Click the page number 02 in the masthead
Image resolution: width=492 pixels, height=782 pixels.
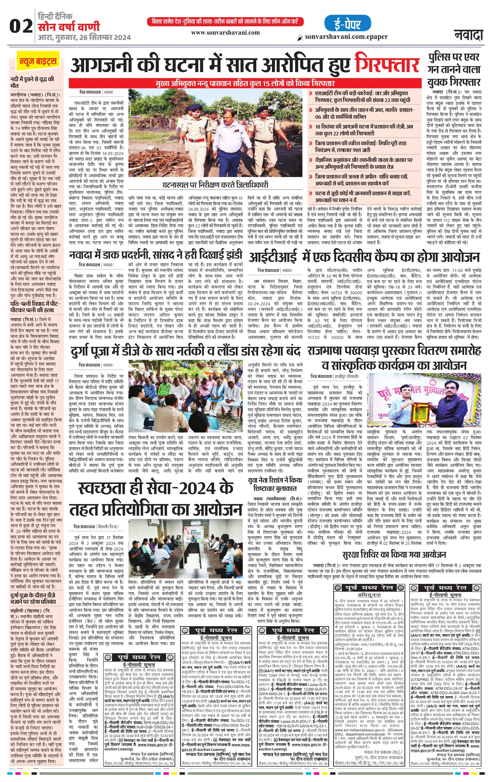tap(21, 26)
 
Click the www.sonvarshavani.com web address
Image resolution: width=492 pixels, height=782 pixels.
tap(225, 32)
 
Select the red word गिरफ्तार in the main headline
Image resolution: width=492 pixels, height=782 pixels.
tap(387, 65)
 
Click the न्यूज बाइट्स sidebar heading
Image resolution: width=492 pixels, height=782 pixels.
tap(38, 61)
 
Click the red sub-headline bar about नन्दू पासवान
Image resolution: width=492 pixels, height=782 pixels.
tap(245, 83)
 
